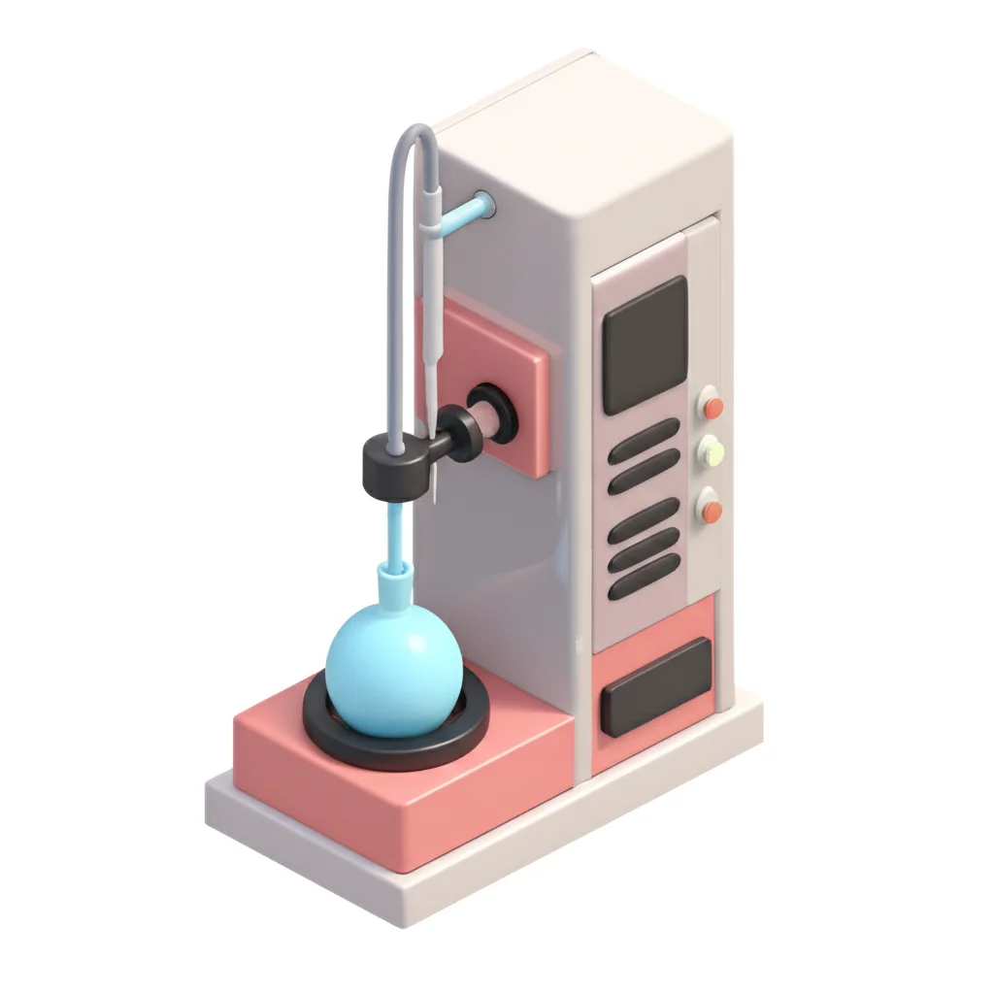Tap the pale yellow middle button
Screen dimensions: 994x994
click(712, 450)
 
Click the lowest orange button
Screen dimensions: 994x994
click(712, 510)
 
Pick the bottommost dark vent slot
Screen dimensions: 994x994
click(644, 580)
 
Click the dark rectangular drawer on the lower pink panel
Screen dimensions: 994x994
click(655, 685)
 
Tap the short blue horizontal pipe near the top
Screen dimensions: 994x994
click(464, 213)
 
